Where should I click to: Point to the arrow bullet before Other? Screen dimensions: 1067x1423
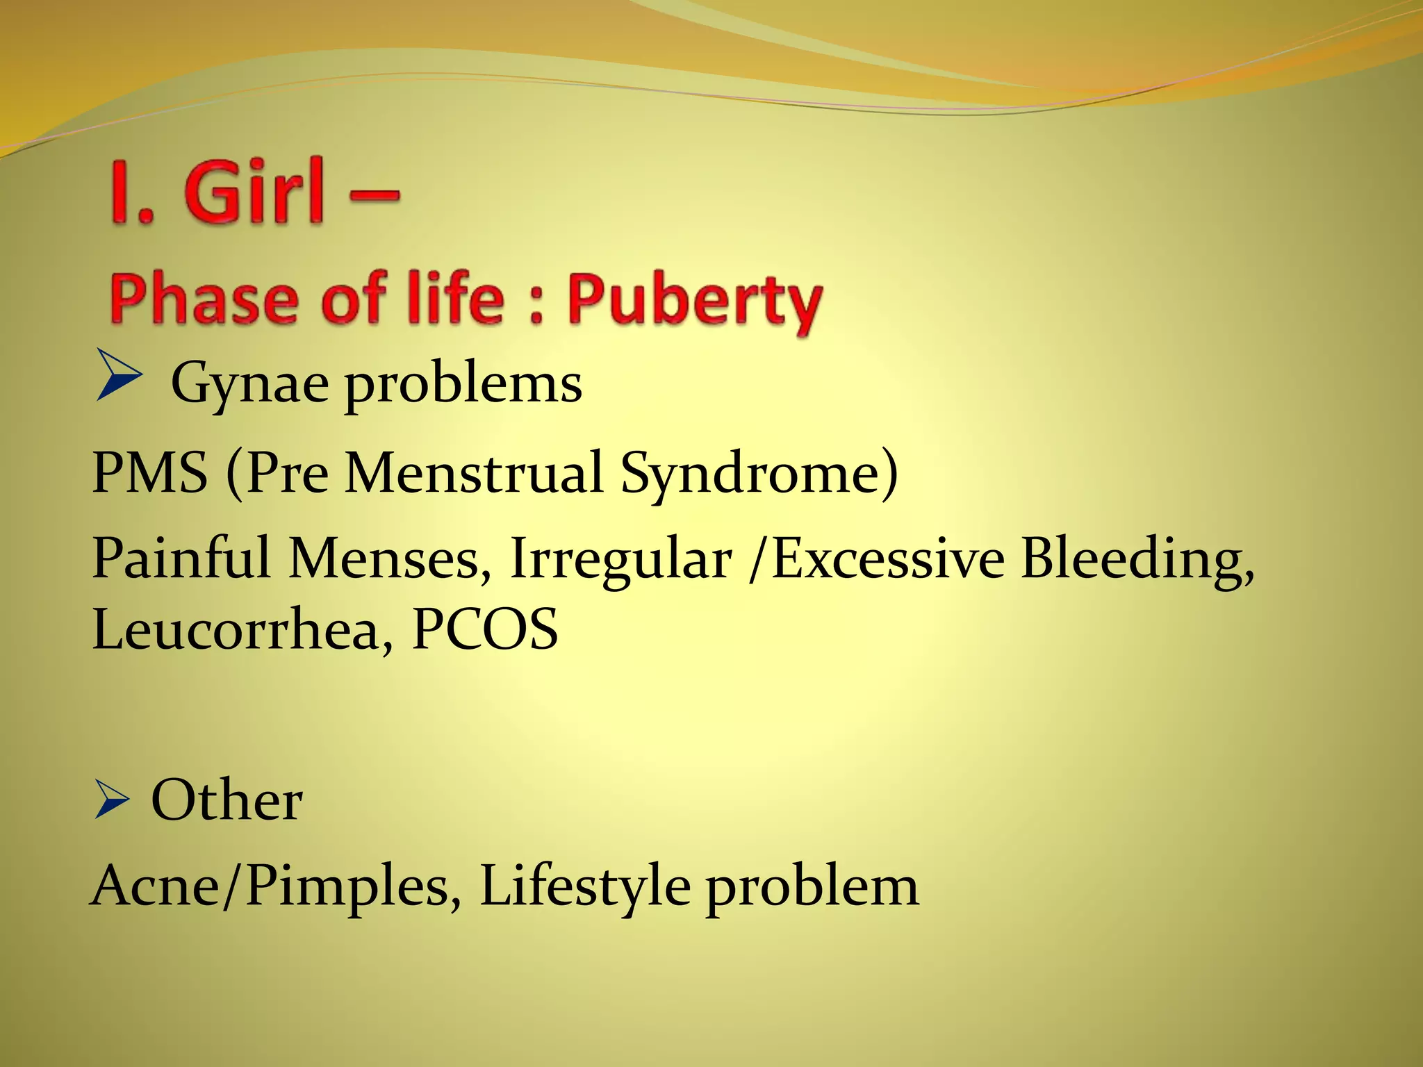click(111, 800)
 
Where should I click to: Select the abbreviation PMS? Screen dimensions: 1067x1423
click(149, 472)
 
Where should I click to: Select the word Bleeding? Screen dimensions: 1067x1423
click(1137, 560)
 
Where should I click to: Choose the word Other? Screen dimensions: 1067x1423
click(227, 800)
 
